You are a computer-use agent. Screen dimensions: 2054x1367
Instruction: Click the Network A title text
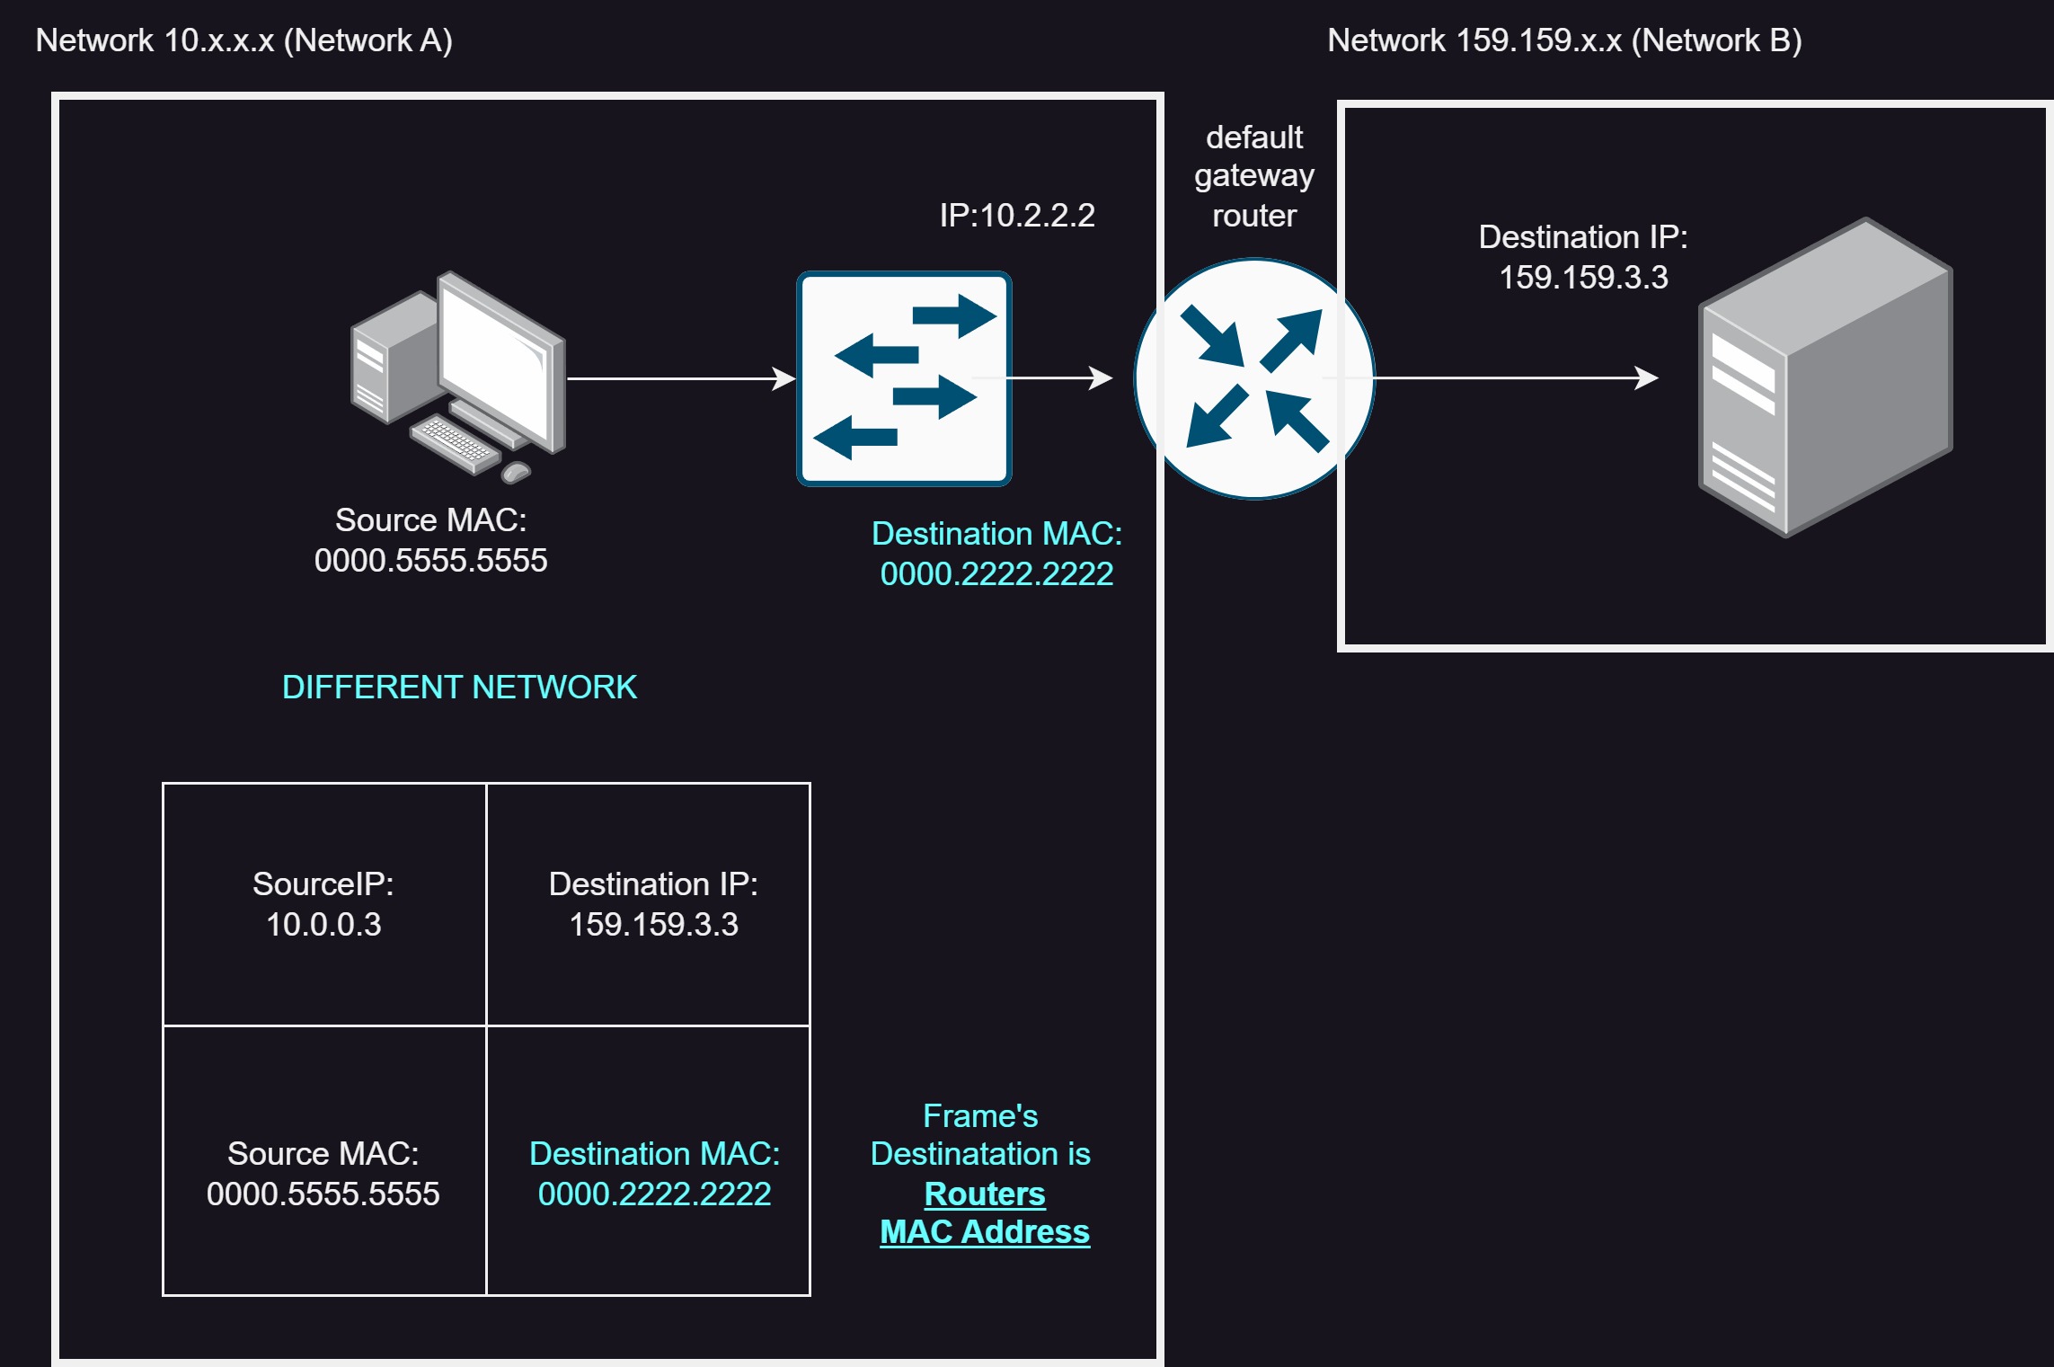click(x=243, y=40)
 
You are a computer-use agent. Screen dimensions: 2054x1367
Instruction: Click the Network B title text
click(x=1564, y=40)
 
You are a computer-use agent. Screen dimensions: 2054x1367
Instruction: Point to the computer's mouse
click(x=516, y=472)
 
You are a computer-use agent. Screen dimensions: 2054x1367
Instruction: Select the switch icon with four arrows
click(x=904, y=378)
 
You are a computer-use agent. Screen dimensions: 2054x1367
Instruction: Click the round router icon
click(x=1254, y=378)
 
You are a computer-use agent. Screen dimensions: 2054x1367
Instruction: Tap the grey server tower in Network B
click(x=1825, y=377)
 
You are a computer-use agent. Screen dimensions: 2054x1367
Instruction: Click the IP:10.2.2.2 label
click(x=1017, y=216)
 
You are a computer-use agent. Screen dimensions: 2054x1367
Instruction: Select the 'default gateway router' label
click(x=1254, y=176)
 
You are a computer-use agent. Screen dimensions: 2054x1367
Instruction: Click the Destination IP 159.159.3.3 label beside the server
click(x=1583, y=257)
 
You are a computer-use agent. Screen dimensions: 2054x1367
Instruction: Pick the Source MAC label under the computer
click(x=430, y=540)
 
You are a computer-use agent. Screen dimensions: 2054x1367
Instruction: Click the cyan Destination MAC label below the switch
click(x=996, y=554)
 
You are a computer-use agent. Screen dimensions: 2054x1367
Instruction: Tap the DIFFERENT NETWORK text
click(x=459, y=688)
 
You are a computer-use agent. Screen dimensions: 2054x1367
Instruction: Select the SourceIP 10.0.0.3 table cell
click(x=324, y=904)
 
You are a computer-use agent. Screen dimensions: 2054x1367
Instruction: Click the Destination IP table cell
click(x=648, y=904)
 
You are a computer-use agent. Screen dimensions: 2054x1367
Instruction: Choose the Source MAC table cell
click(x=324, y=1160)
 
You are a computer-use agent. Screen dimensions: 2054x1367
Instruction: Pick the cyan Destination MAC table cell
click(x=648, y=1160)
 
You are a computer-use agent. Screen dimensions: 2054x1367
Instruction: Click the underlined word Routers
click(x=985, y=1194)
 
